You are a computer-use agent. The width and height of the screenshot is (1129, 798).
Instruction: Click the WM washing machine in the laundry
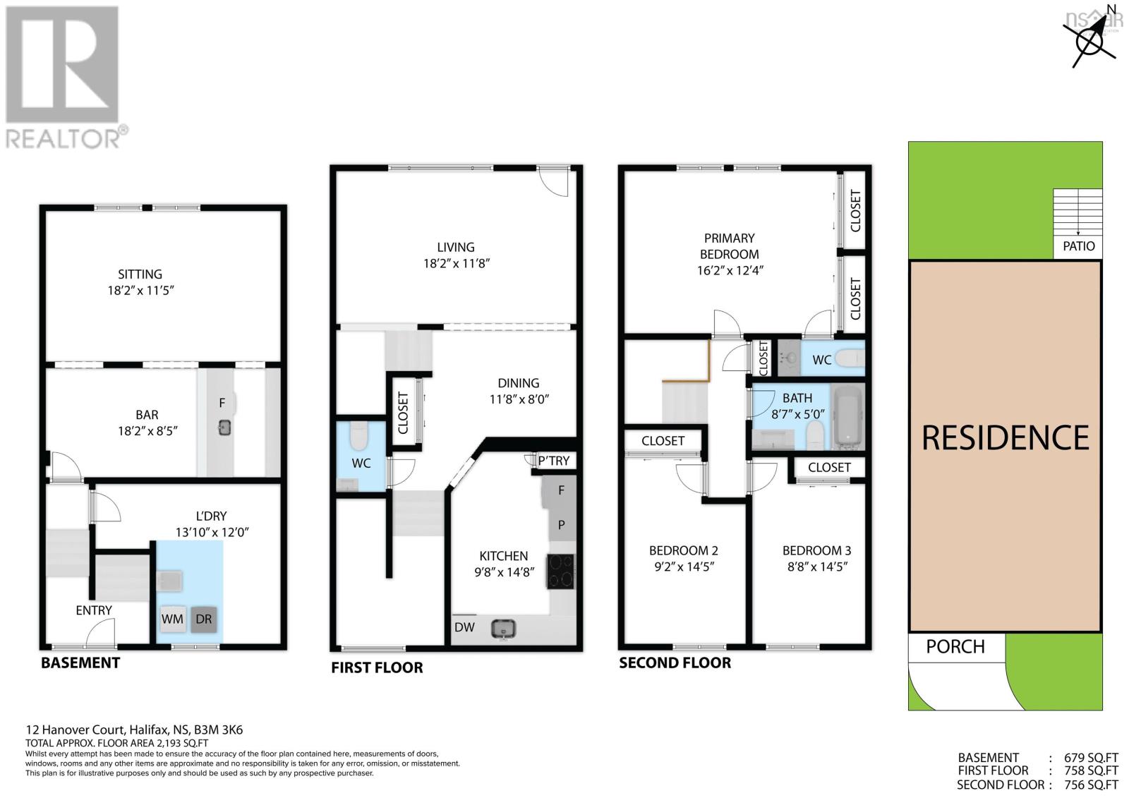172,619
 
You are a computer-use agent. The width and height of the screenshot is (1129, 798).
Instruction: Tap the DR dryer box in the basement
203,619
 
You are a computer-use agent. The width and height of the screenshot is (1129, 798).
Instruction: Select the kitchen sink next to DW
505,627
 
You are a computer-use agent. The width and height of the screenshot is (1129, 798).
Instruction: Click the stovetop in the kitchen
561,572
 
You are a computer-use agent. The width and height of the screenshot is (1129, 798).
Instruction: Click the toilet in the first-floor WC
358,436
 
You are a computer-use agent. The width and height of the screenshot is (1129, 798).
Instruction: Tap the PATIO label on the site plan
1078,246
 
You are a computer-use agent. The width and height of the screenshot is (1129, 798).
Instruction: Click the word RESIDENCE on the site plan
1005,438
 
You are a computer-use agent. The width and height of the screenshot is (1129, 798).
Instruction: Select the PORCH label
955,646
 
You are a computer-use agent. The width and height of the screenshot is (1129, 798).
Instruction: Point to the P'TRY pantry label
553,461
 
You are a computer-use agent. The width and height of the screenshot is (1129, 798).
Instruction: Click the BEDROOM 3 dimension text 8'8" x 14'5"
816,566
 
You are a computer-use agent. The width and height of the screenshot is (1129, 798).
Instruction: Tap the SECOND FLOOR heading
675,663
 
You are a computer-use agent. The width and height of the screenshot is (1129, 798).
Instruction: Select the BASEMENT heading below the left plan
80,663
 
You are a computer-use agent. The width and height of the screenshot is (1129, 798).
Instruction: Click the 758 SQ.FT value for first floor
1091,770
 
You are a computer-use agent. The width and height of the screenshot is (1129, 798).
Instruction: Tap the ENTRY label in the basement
94,610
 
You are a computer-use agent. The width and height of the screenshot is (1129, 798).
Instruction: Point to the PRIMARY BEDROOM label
729,246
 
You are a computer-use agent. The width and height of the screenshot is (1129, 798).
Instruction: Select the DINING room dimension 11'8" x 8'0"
519,399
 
